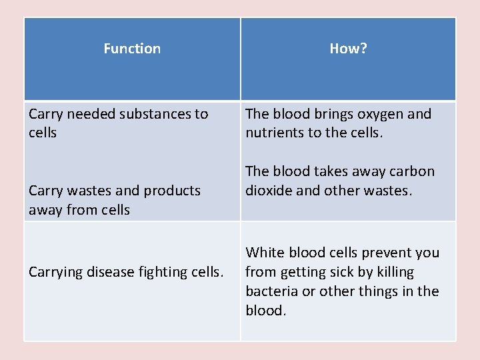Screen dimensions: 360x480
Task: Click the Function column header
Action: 132,49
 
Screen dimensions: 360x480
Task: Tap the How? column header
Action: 348,49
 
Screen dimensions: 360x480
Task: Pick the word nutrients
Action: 275,132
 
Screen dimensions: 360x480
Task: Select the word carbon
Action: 410,171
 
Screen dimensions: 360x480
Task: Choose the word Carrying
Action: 56,271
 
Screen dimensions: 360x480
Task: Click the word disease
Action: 115,271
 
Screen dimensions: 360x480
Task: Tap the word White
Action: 265,253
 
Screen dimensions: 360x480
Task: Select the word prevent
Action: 387,253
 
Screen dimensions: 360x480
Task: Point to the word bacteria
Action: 271,291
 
